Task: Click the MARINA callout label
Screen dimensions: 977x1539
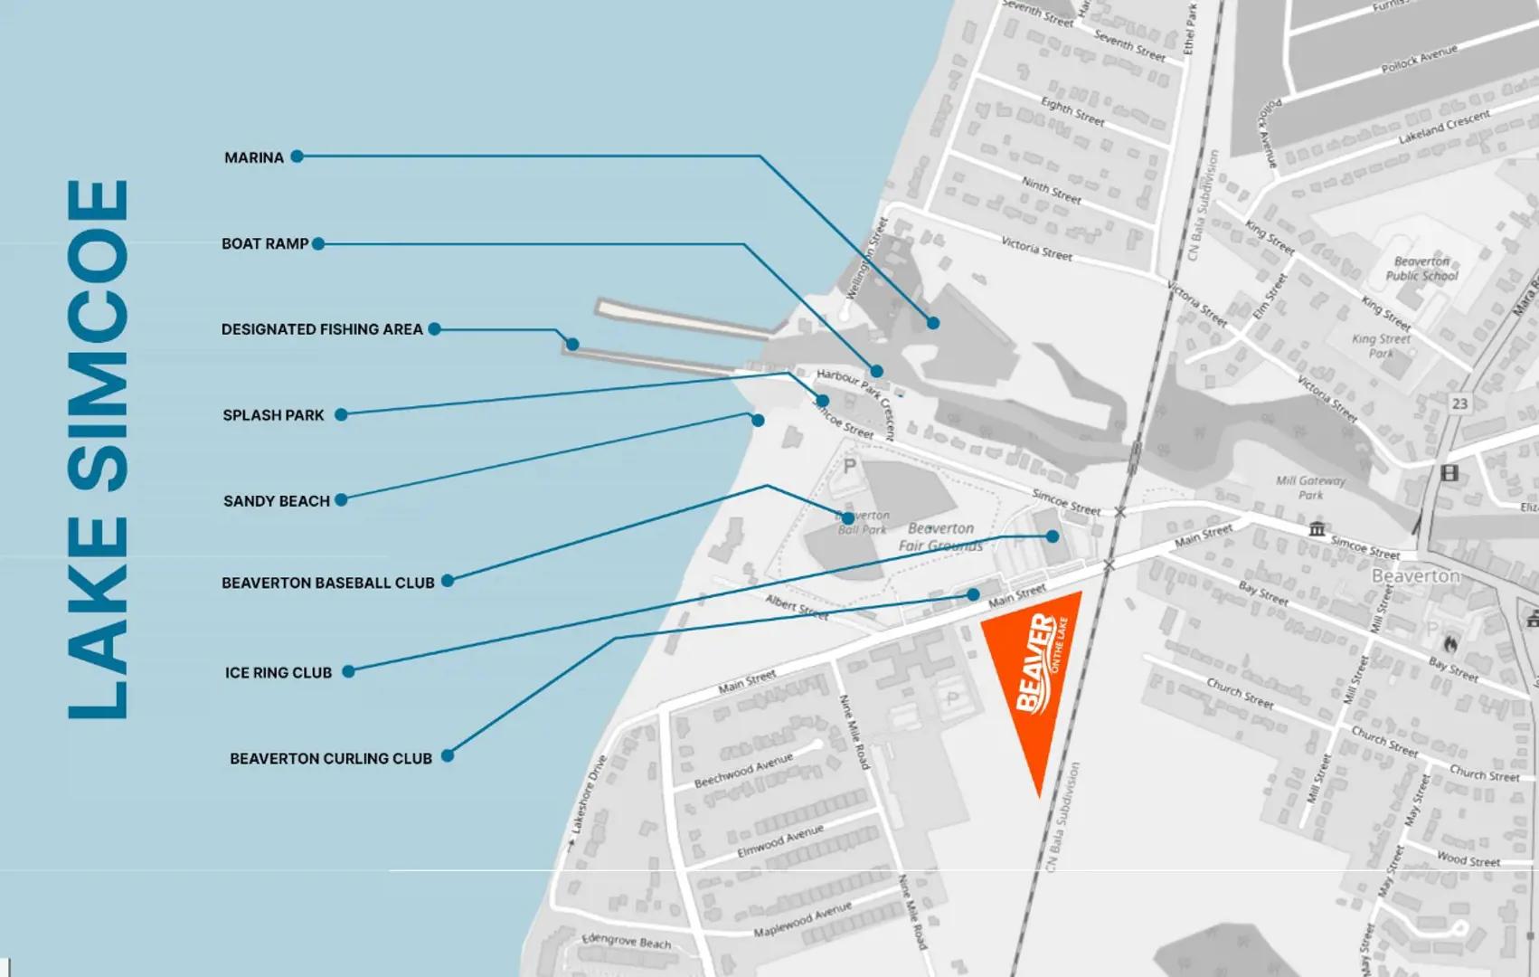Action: (x=254, y=157)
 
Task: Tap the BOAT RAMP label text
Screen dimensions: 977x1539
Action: (x=265, y=243)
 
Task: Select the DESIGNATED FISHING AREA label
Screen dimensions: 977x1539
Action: (x=322, y=329)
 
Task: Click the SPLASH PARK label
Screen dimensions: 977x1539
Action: (x=273, y=415)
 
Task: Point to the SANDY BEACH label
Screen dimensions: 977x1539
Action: (x=276, y=501)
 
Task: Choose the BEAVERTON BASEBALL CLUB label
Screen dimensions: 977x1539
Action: (x=327, y=583)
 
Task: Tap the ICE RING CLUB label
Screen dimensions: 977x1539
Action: (x=279, y=672)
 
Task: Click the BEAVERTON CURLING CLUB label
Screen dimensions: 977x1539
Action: (x=330, y=758)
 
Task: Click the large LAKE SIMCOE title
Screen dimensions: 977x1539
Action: (x=99, y=450)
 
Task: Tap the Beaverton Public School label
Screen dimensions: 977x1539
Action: (x=1421, y=269)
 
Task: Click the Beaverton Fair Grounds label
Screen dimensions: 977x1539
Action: (x=940, y=536)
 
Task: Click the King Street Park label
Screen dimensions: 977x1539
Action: (x=1381, y=346)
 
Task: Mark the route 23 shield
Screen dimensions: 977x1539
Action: (x=1459, y=403)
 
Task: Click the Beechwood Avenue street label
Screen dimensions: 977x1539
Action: (x=743, y=770)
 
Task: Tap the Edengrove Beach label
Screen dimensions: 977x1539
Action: (x=626, y=941)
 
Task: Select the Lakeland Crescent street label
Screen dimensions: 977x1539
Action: (x=1444, y=128)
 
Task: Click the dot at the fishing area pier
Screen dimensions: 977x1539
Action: (x=572, y=344)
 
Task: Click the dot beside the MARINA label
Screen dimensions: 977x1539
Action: (x=297, y=157)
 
